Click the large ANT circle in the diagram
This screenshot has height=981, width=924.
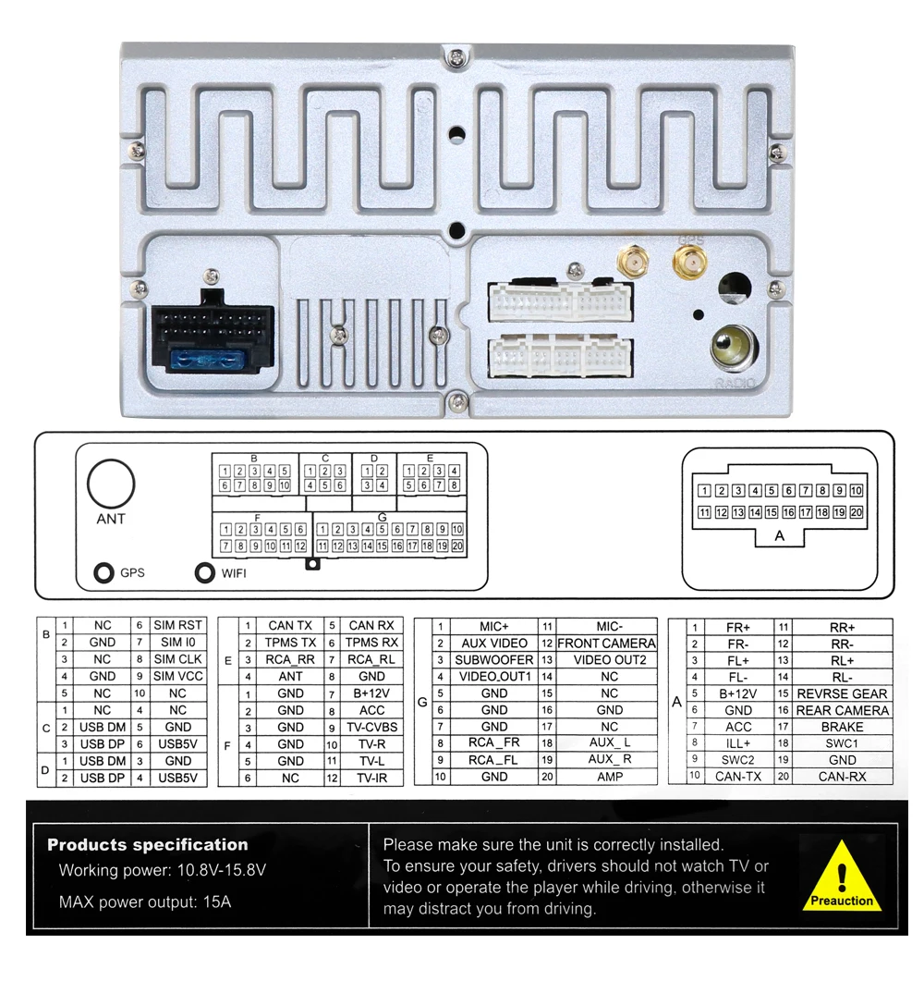coord(111,484)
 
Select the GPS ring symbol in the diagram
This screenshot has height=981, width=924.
coord(104,573)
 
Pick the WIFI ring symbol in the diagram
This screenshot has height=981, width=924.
coord(205,573)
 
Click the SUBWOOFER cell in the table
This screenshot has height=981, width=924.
coord(494,660)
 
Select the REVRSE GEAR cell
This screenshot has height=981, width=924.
coord(842,693)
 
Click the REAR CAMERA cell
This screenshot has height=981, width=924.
coord(842,710)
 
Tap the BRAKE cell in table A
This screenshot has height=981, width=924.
coord(842,727)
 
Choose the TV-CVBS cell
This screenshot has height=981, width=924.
coord(371,728)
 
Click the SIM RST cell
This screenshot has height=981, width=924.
coord(177,626)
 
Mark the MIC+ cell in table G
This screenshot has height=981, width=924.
coord(494,627)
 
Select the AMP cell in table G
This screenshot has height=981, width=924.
coord(609,777)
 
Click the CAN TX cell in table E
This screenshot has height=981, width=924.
coord(290,626)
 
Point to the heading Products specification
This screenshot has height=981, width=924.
coord(148,844)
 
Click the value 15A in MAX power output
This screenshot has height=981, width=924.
coord(215,901)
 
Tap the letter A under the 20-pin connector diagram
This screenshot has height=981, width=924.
coord(779,536)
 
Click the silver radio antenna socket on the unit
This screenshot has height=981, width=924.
coord(730,348)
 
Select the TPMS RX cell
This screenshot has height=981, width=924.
coord(371,643)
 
